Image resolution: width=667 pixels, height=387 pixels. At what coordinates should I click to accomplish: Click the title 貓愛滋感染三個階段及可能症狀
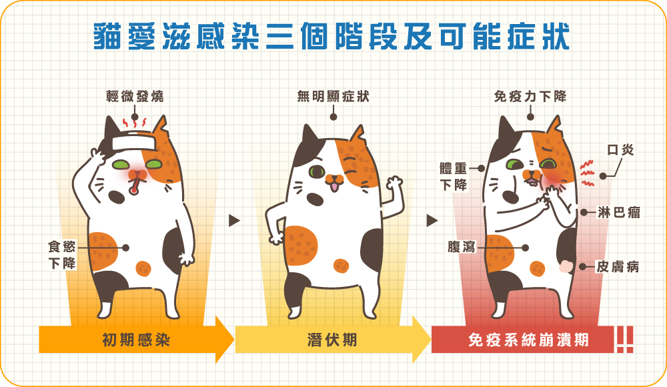(331, 36)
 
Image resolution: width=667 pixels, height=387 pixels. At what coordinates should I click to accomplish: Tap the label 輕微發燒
(135, 97)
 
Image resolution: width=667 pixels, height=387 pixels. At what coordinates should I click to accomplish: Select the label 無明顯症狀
(333, 97)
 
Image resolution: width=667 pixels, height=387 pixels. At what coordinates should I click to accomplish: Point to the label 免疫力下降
(530, 97)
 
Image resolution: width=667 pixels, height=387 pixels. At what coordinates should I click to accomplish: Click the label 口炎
(620, 150)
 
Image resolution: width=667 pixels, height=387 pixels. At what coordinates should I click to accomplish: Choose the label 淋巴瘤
(619, 212)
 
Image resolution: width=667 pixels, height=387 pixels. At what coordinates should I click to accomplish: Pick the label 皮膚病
(618, 267)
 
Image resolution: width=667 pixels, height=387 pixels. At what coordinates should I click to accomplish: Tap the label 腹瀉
(461, 247)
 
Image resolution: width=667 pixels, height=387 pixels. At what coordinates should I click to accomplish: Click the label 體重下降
(454, 177)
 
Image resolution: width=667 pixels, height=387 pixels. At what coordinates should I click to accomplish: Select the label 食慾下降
(62, 255)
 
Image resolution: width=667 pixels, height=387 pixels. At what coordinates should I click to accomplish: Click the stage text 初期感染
(136, 340)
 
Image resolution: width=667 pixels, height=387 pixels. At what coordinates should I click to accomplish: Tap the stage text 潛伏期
(332, 340)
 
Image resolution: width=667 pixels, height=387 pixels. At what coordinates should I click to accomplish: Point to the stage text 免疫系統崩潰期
(528, 340)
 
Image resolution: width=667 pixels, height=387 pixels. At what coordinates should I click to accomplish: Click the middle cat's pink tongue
(335, 186)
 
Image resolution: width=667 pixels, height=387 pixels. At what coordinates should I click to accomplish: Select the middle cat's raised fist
(394, 185)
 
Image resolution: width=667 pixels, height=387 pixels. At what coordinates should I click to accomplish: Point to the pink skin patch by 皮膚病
(566, 266)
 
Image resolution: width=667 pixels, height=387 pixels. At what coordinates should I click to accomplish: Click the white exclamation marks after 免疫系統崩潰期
(624, 340)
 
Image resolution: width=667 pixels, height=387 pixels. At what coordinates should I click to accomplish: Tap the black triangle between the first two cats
(234, 221)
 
